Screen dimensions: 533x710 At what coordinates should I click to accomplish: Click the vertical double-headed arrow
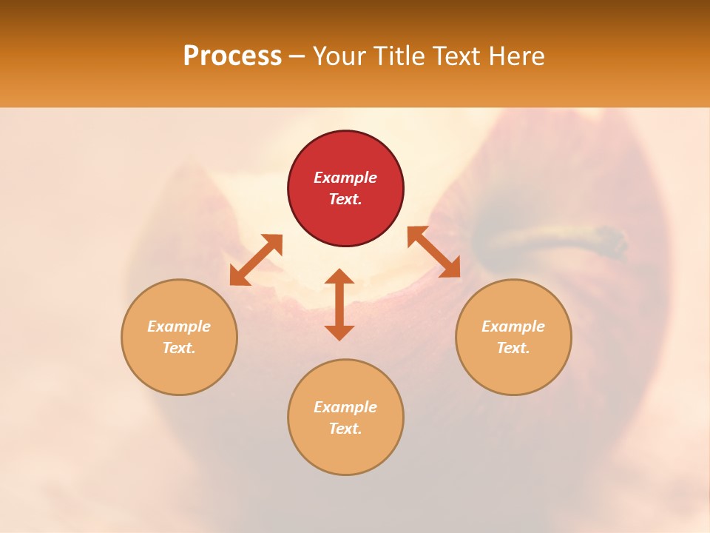[x=339, y=304]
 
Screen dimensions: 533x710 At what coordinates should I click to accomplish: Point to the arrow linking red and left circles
[x=256, y=260]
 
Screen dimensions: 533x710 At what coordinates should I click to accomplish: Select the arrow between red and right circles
[x=433, y=252]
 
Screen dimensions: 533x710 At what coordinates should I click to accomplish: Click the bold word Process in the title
[x=232, y=56]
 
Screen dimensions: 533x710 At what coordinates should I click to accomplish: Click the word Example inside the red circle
[x=345, y=178]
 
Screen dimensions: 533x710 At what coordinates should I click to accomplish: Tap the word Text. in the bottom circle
[x=345, y=429]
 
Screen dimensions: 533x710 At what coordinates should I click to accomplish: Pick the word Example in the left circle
[x=179, y=326]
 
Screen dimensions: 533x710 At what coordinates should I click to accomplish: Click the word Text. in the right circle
[x=513, y=348]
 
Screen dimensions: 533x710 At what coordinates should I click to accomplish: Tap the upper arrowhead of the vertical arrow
[x=339, y=276]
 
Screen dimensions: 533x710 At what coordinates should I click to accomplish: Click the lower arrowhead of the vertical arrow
[x=339, y=332]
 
